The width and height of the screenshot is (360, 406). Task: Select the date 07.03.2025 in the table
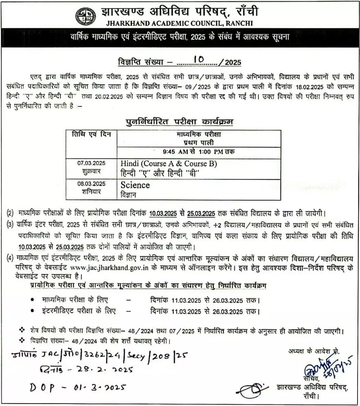click(91, 163)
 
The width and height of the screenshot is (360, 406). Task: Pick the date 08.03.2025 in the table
click(91, 184)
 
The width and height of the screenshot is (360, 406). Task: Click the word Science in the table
click(135, 185)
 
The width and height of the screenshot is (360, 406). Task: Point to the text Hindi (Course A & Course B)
click(169, 163)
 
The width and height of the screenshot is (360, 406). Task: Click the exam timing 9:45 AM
click(174, 151)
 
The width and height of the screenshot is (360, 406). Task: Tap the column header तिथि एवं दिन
click(92, 135)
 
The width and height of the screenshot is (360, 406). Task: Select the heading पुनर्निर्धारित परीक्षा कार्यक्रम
click(179, 122)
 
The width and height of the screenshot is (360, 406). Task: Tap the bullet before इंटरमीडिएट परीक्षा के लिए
click(32, 311)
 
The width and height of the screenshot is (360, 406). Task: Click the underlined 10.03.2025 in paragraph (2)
click(163, 213)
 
